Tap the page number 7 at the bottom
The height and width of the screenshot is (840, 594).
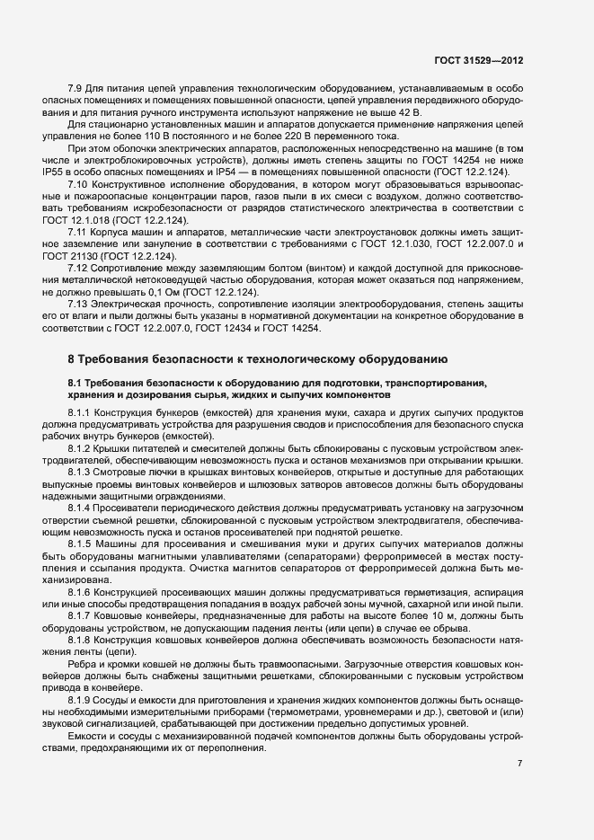[519, 763]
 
